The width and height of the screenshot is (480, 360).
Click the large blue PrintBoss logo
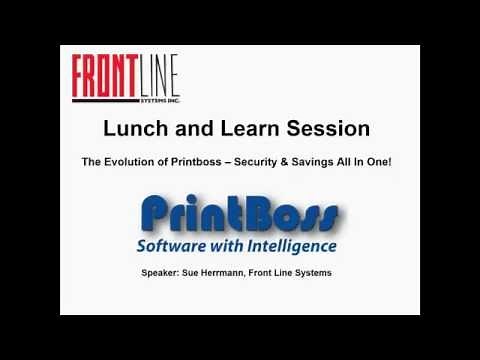tap(239, 214)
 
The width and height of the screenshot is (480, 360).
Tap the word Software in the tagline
tap(187, 245)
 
